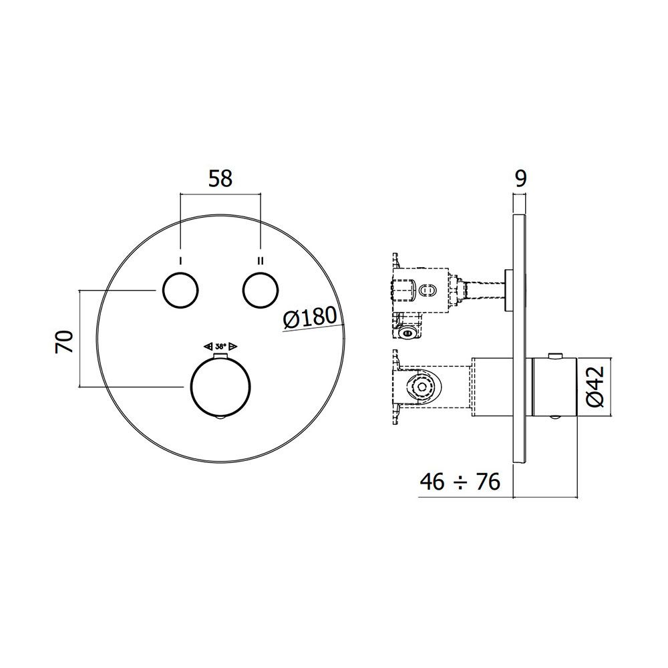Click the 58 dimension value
[x=220, y=179]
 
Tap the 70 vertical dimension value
[x=65, y=341]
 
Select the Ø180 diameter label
[x=311, y=318]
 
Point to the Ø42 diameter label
[x=595, y=386]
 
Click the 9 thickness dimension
[x=520, y=179]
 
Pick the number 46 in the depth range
[x=433, y=482]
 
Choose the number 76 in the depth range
[x=488, y=482]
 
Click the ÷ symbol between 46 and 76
[x=460, y=483]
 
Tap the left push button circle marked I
[x=180, y=290]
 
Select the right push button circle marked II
[x=261, y=290]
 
